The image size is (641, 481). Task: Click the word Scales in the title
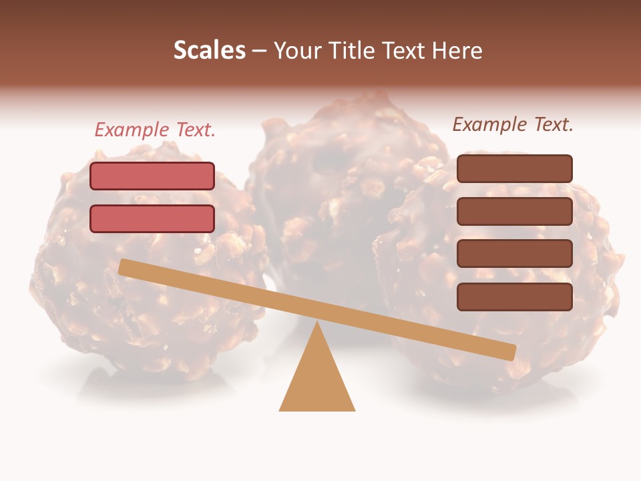click(x=209, y=50)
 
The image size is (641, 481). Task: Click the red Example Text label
click(x=155, y=130)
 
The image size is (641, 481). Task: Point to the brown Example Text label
click(x=513, y=124)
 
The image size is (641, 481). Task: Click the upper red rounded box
click(x=152, y=176)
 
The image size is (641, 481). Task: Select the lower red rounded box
click(x=152, y=218)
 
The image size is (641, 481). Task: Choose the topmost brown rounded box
click(x=515, y=168)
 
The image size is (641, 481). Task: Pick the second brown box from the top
click(x=515, y=211)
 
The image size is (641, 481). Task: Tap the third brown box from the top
click(x=515, y=253)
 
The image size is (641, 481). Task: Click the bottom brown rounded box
click(x=515, y=297)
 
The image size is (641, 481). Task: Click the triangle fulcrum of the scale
click(x=317, y=381)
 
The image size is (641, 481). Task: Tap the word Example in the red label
click(x=132, y=130)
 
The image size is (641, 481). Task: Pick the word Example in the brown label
click(x=490, y=124)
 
